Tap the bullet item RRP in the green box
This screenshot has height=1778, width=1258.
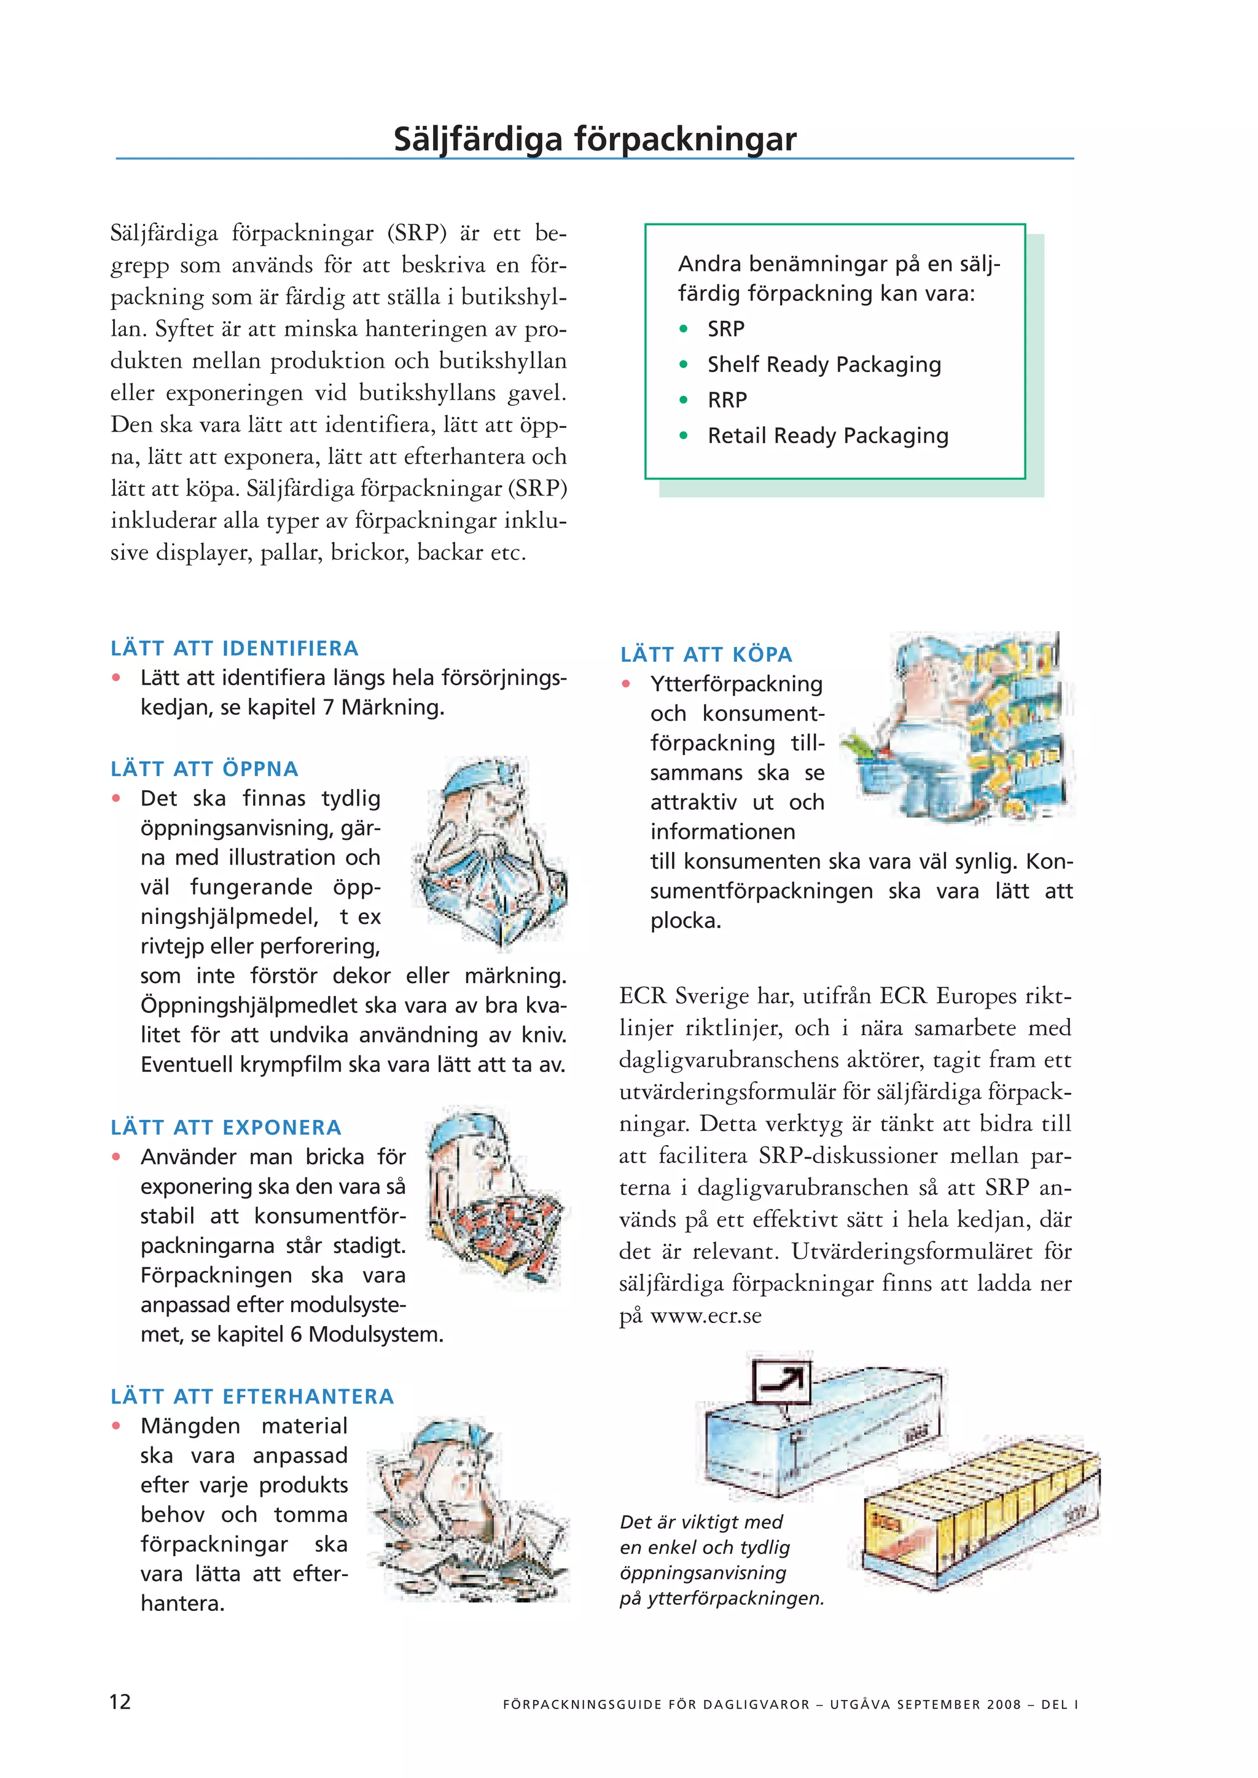click(x=727, y=400)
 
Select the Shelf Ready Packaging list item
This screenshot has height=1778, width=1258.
click(x=824, y=365)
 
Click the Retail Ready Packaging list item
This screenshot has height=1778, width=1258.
click(x=827, y=436)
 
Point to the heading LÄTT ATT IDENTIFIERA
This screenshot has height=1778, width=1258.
click(x=234, y=648)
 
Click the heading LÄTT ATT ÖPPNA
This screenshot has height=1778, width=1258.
click(x=204, y=769)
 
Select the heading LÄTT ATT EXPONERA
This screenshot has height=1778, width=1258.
click(x=225, y=1127)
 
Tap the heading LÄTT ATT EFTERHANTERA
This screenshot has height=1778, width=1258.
click(x=252, y=1396)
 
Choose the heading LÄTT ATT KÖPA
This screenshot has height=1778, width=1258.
click(x=706, y=654)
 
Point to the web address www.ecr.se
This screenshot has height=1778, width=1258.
click(x=706, y=1316)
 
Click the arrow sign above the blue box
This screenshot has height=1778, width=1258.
click(x=781, y=1382)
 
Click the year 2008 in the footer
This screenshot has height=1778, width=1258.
click(x=1004, y=1704)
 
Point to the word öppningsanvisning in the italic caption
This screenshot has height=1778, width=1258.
click(x=703, y=1573)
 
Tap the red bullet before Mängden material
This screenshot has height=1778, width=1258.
click(x=116, y=1426)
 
